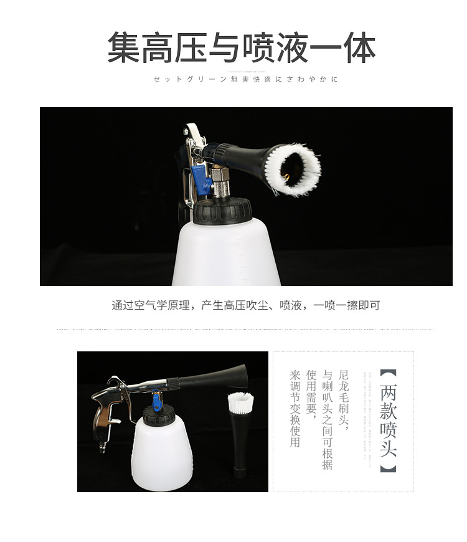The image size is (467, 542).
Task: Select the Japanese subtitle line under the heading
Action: (245, 80)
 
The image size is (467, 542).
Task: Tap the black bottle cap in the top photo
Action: (222, 211)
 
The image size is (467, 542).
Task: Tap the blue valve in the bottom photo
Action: (158, 402)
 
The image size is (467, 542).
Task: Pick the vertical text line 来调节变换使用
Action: (295, 409)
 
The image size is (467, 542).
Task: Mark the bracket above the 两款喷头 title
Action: (388, 374)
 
